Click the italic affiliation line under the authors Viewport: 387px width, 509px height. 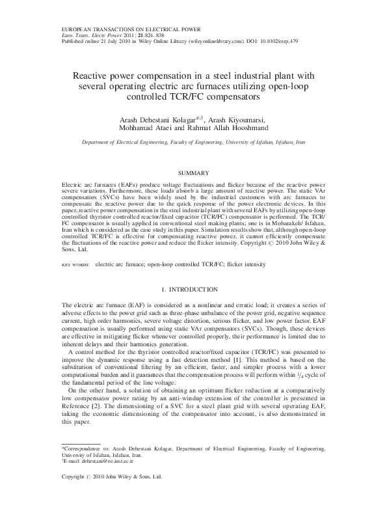(193, 142)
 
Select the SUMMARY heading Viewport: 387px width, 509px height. (193, 173)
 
